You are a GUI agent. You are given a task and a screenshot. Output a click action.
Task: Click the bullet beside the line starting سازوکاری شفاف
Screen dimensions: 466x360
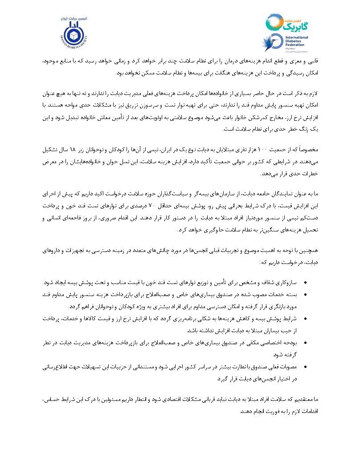tap(304, 283)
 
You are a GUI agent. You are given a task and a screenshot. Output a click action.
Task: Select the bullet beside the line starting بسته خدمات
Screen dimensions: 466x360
tap(304, 294)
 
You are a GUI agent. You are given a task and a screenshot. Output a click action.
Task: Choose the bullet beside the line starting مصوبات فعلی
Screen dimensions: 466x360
tap(304, 367)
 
